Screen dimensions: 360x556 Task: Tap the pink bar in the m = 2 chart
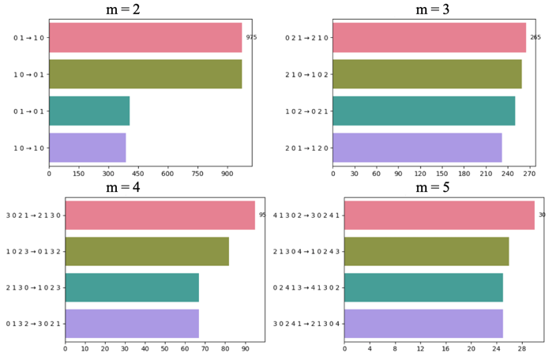(145, 38)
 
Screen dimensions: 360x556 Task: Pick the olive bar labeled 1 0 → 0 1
(145, 74)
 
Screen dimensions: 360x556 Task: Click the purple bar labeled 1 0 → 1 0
(87, 148)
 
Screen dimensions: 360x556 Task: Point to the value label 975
(251, 37)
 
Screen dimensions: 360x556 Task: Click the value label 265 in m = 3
(535, 37)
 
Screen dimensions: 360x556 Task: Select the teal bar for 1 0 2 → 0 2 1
(424, 111)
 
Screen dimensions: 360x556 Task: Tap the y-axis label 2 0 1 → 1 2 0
(306, 148)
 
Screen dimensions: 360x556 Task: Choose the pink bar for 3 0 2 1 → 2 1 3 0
(160, 215)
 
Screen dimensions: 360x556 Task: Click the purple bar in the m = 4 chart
(132, 324)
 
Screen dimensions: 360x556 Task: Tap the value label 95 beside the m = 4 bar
(262, 215)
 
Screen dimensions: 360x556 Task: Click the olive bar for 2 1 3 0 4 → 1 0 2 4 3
(426, 251)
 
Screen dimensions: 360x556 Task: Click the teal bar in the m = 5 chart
(423, 287)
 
